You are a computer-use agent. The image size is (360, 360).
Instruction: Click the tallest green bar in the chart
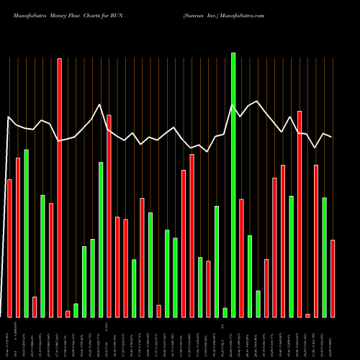[x=233, y=184]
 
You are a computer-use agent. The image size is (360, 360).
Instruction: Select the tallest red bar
[x=60, y=187]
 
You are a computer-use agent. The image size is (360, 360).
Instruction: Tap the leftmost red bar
[x=10, y=248]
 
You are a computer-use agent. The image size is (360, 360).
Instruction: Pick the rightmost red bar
[x=333, y=278]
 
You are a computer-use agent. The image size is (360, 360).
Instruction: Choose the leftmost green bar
[x=27, y=233]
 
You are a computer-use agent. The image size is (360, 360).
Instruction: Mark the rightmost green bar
[x=325, y=257]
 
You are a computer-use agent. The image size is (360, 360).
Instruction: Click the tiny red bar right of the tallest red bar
[x=68, y=313]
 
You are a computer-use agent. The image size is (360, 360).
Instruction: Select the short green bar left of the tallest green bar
[x=225, y=312]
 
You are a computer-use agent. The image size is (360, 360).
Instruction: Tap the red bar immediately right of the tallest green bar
[x=241, y=258]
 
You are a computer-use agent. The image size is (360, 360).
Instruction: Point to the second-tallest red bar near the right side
[x=300, y=214]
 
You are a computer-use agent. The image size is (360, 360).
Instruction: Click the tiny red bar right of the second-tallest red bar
[x=308, y=315]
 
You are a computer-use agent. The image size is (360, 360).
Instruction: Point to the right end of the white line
[x=331, y=137]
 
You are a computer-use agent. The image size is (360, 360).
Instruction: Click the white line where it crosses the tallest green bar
[x=233, y=106]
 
